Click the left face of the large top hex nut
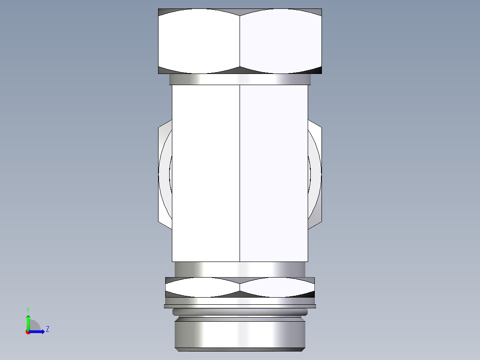(x=199, y=41)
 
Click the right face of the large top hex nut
(x=281, y=41)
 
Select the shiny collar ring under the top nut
(x=240, y=79)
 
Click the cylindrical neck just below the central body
(x=240, y=269)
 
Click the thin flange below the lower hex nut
(x=240, y=306)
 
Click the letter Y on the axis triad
(x=28, y=309)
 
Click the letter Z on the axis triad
(x=47, y=330)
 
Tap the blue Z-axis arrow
(x=37, y=331)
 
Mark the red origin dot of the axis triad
(x=28, y=332)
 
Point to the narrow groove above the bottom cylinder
(x=240, y=312)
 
